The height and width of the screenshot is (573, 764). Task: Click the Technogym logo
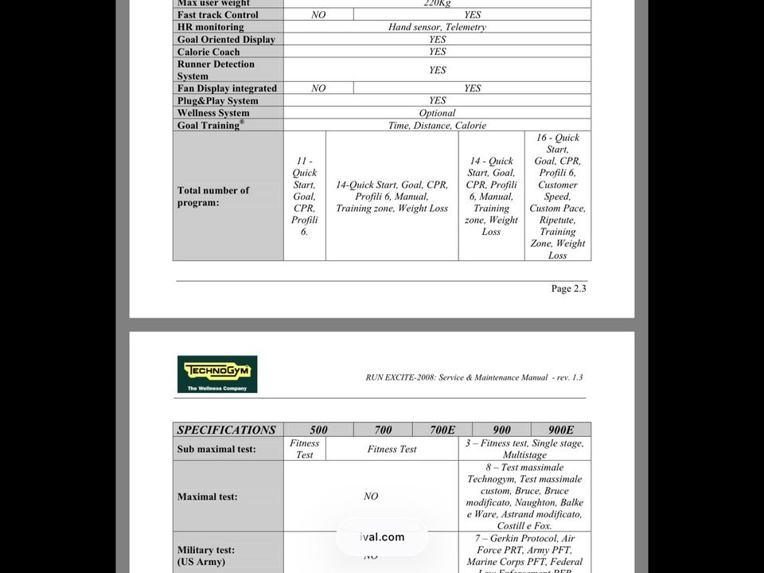[x=216, y=374]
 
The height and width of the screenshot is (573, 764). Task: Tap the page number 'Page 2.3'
[x=568, y=289]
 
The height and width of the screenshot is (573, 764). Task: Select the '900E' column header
[x=561, y=430]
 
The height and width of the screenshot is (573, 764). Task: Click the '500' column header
[x=318, y=430]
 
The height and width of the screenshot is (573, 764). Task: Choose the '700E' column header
[x=442, y=430]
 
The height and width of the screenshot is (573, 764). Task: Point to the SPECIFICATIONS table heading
[x=227, y=430]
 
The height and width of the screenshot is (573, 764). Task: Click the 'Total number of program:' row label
[x=213, y=197]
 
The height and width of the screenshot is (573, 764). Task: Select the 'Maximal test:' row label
[x=208, y=497]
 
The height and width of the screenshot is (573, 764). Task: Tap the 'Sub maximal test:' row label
[x=216, y=449]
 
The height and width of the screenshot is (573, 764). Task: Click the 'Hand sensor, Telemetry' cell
[x=437, y=27]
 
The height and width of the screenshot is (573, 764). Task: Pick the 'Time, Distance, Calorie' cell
[x=437, y=126]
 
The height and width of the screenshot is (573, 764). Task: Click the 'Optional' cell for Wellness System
[x=437, y=113]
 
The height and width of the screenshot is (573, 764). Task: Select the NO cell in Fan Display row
[x=318, y=88]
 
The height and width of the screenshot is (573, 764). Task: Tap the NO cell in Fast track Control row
[x=318, y=15]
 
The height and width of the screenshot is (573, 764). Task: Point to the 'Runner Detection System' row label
[x=216, y=70]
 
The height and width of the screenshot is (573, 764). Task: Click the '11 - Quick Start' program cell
[x=304, y=197]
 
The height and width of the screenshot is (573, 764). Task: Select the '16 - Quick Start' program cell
[x=557, y=197]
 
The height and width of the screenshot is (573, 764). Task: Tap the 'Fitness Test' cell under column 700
[x=392, y=449]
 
